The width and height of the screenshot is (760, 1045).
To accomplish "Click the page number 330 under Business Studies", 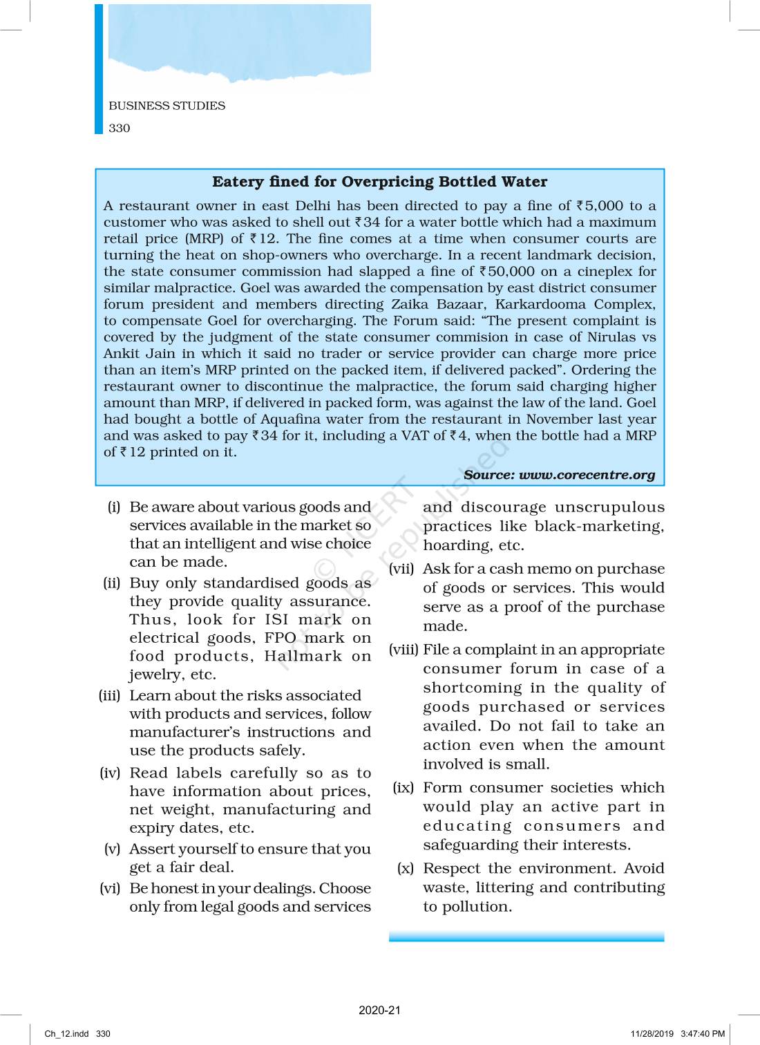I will tap(120, 128).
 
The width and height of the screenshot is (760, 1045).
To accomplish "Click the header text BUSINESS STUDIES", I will tap(167, 106).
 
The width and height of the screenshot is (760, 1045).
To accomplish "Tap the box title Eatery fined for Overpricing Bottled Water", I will tap(379, 182).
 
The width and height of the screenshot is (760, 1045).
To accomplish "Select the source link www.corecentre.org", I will tap(587, 475).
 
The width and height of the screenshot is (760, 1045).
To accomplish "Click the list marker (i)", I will tap(114, 507).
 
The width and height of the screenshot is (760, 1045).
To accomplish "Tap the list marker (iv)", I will tap(111, 773).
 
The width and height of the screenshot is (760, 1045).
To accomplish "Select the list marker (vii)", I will tap(401, 569).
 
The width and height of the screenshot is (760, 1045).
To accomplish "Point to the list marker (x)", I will tap(406, 869).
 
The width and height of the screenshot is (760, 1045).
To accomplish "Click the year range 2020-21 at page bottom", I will tap(379, 1010).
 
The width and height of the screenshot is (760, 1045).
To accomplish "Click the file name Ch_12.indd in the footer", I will tap(67, 1034).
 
